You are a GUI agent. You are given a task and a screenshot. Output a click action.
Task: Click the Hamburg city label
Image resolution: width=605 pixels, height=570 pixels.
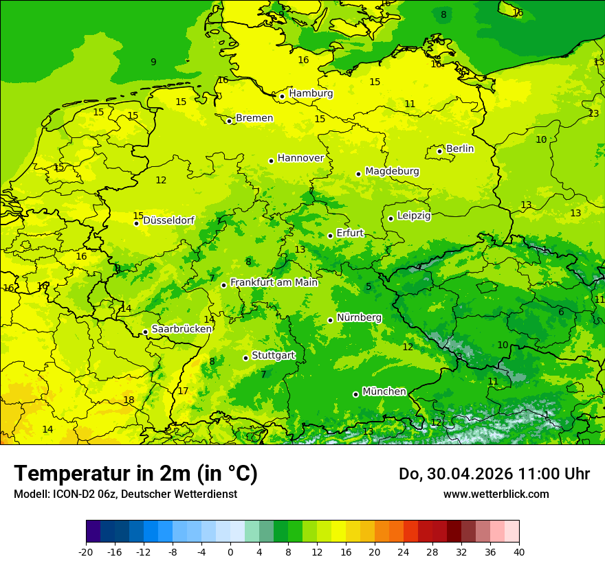(311, 93)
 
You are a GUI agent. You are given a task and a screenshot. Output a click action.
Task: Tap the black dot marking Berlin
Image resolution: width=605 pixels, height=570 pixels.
(440, 151)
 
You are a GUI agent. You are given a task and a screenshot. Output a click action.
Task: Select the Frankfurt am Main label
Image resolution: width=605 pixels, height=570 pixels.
(274, 282)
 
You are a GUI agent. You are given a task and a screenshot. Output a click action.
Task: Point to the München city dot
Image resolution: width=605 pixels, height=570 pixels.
(355, 394)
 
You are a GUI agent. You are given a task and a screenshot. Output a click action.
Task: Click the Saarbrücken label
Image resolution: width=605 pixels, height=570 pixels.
(181, 330)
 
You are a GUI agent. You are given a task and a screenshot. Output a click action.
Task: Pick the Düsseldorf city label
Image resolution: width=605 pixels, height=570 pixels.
(168, 220)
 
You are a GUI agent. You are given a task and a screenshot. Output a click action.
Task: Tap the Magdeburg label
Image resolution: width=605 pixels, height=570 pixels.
(392, 171)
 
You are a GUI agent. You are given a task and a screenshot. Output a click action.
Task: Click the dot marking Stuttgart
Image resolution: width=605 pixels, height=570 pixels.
(245, 358)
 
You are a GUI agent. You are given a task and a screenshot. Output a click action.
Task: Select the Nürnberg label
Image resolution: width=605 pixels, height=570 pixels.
(359, 317)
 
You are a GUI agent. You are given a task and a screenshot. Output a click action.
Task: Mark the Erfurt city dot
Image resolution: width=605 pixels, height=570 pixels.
(330, 236)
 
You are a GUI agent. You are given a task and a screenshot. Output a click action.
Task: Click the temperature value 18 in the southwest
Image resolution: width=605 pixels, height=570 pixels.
(129, 400)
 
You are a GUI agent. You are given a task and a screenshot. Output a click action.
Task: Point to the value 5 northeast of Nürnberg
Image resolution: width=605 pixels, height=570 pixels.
(368, 286)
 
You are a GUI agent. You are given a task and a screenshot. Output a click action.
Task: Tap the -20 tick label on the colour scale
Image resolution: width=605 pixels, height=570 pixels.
(86, 552)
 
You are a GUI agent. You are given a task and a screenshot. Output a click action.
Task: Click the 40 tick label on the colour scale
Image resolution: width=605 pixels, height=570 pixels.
(519, 552)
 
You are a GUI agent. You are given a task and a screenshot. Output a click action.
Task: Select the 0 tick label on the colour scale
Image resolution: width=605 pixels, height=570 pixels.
(230, 552)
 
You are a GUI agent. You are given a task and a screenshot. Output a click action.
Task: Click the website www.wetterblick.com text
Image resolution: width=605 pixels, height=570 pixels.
(496, 494)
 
